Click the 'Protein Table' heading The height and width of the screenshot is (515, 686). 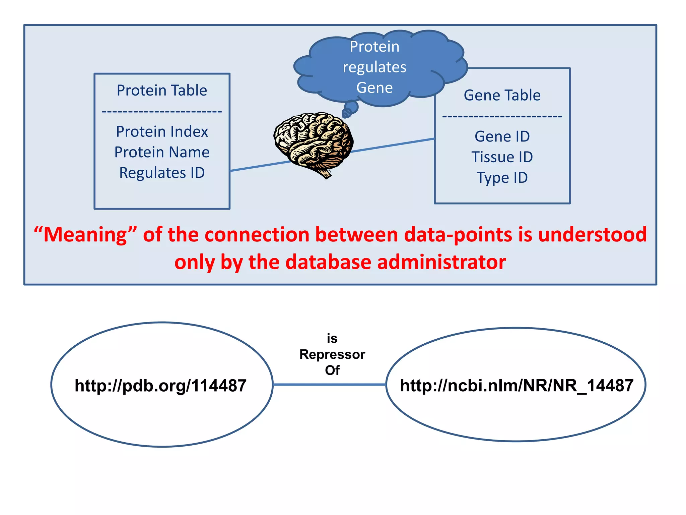pos(162,91)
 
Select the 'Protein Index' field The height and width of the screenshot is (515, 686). pos(162,131)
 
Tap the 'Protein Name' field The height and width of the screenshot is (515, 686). pos(162,152)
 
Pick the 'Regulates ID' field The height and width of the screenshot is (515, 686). pos(162,173)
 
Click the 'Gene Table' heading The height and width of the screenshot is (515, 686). pos(502,96)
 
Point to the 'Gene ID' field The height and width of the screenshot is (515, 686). pos(502,136)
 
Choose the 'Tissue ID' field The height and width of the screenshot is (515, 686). pos(502,157)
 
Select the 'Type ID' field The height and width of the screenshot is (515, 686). pos(502,178)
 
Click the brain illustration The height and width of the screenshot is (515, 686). pos(313,142)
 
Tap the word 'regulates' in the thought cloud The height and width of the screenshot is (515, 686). pos(374,67)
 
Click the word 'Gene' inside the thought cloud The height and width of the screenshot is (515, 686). pos(374,88)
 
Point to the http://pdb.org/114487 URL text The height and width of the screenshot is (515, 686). pos(160,385)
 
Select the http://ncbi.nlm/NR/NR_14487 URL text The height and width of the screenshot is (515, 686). pos(516,385)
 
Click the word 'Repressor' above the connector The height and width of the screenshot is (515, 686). pos(332,354)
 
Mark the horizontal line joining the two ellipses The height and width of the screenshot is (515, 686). pos(330,385)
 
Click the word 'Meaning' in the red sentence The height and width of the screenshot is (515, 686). pos(85,234)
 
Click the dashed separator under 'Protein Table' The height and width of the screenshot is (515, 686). pos(162,112)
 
